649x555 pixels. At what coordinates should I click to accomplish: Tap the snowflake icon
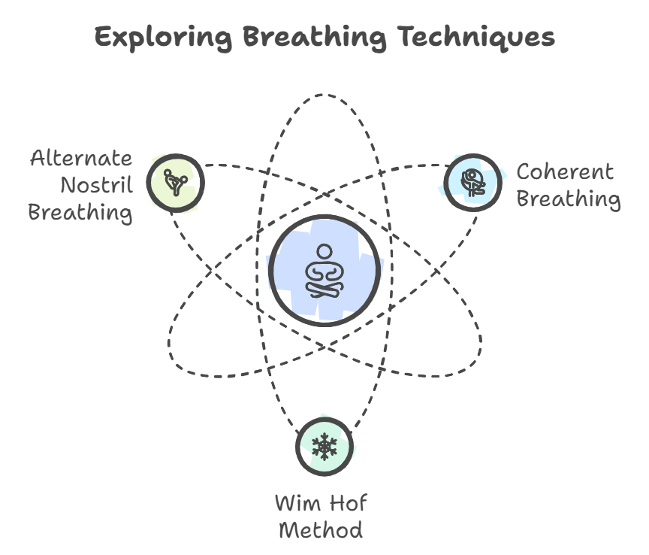click(324, 447)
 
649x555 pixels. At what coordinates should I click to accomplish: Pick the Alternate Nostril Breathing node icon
click(176, 181)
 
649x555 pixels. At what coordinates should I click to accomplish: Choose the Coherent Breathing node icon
click(472, 182)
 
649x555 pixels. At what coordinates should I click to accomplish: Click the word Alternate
click(81, 159)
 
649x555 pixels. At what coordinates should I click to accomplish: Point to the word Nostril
click(96, 185)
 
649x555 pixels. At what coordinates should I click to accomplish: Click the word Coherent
click(565, 172)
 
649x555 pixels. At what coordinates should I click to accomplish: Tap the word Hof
click(350, 502)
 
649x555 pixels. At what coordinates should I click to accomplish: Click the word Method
click(321, 529)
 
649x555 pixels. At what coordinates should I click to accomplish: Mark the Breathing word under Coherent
click(569, 199)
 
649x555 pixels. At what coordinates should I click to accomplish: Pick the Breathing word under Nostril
click(80, 211)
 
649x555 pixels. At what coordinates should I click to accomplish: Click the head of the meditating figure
click(324, 251)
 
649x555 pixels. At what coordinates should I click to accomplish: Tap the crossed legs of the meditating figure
click(324, 290)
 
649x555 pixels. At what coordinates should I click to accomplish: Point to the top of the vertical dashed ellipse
click(324, 95)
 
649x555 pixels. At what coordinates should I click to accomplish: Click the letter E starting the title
click(103, 37)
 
